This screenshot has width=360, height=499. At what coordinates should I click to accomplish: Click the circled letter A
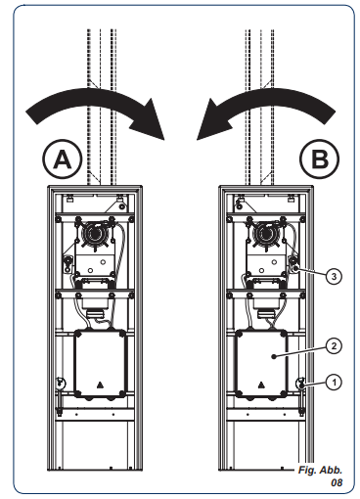point(62,159)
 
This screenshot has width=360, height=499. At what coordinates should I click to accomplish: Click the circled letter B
point(320,159)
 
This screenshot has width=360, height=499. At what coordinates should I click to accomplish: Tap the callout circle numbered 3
point(334,277)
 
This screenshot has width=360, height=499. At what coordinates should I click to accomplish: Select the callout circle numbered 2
point(334,345)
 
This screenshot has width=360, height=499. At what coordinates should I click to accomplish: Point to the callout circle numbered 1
point(334,382)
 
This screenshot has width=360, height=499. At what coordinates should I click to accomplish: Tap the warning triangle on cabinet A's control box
point(100,386)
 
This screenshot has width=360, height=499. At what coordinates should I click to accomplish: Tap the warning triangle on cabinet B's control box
point(261,386)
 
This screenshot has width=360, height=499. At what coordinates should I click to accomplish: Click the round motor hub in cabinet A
point(95,234)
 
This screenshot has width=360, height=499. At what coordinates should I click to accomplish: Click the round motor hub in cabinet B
point(266,234)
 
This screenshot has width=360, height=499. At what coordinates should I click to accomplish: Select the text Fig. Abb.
point(320,470)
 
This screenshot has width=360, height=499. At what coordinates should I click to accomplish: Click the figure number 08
point(337,482)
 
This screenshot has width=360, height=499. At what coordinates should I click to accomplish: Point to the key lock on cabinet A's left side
point(60,383)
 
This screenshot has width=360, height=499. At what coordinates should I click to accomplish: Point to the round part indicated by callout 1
point(300,384)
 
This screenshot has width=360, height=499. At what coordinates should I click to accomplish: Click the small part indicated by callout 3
point(294,265)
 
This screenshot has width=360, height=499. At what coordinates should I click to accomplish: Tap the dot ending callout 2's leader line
point(274,357)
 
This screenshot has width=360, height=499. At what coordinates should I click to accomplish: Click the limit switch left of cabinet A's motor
point(67,263)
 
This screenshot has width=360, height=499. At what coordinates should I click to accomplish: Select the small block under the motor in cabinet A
point(96,315)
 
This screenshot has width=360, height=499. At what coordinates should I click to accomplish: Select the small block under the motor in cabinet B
point(266,315)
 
